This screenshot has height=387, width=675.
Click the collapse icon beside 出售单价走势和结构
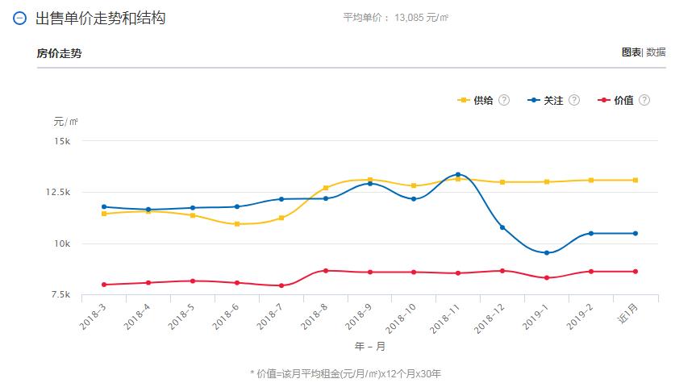(x=20, y=18)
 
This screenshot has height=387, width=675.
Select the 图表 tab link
(x=631, y=52)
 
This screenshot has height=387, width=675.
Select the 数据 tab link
(x=656, y=52)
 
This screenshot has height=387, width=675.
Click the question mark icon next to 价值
(x=644, y=100)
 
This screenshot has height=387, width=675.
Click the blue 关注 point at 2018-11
(x=458, y=174)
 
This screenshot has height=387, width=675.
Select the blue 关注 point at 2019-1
(x=547, y=253)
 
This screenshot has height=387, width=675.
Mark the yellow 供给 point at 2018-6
(x=237, y=224)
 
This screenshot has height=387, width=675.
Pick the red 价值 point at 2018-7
(x=281, y=285)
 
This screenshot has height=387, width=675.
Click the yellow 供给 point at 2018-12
(x=502, y=182)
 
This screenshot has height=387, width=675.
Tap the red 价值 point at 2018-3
(x=104, y=285)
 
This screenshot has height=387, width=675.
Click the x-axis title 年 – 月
(x=370, y=347)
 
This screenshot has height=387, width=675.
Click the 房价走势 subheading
(x=59, y=54)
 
